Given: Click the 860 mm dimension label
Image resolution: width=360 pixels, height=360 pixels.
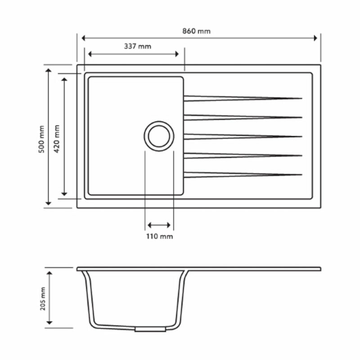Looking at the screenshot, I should click(x=196, y=31).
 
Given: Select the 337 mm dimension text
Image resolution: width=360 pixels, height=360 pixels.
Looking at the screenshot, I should click(x=138, y=46).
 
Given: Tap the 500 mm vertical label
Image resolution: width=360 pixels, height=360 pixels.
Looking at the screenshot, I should click(x=41, y=139).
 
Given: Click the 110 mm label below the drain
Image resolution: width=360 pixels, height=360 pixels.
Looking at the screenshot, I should click(x=159, y=236).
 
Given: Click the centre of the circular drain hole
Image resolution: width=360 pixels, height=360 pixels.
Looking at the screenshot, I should click(x=159, y=136).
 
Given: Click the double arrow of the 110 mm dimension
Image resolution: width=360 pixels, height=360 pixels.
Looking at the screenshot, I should click(x=159, y=225).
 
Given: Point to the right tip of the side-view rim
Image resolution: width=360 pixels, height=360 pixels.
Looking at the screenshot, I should click(x=320, y=269).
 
